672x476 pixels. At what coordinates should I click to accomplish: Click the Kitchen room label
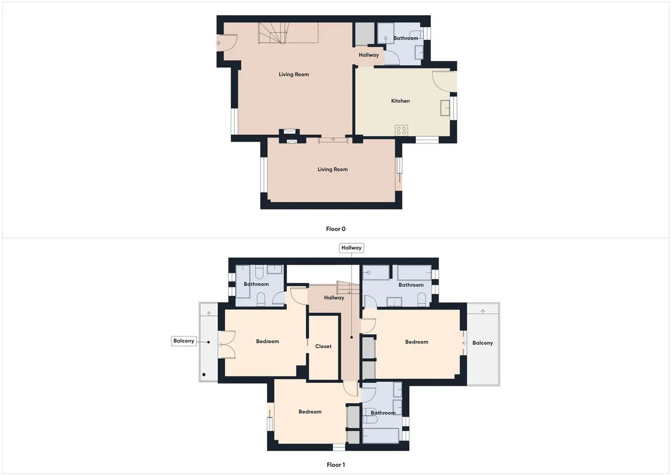point(400,101)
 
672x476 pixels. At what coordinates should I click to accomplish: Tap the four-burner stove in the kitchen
point(402,130)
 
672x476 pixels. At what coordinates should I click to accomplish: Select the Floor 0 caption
point(335,229)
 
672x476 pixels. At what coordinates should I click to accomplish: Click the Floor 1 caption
point(335,465)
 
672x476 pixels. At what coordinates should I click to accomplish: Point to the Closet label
point(323,346)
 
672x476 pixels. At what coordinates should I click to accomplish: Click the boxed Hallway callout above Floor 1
point(351,248)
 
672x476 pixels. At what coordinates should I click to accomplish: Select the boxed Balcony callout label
point(184,341)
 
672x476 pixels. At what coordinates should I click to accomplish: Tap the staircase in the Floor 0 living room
point(273,33)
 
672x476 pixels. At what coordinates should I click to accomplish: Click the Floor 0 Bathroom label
point(405,38)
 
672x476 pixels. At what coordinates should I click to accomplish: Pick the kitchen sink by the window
point(445,108)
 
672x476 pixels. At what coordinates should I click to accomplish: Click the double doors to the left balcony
point(226,344)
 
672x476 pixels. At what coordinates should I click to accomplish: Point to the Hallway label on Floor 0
point(368,55)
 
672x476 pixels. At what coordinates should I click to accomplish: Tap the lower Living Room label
point(333,169)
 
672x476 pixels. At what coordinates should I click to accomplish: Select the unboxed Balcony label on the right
point(482,343)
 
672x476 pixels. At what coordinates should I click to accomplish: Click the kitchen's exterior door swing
point(444,81)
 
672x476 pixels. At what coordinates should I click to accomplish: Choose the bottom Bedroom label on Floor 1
point(310,412)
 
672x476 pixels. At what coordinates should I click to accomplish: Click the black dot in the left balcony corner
point(204,375)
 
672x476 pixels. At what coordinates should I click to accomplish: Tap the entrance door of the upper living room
point(227,43)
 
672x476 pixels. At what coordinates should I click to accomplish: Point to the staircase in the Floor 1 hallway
point(347,288)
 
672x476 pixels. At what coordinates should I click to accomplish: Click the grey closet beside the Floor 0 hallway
point(365,34)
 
